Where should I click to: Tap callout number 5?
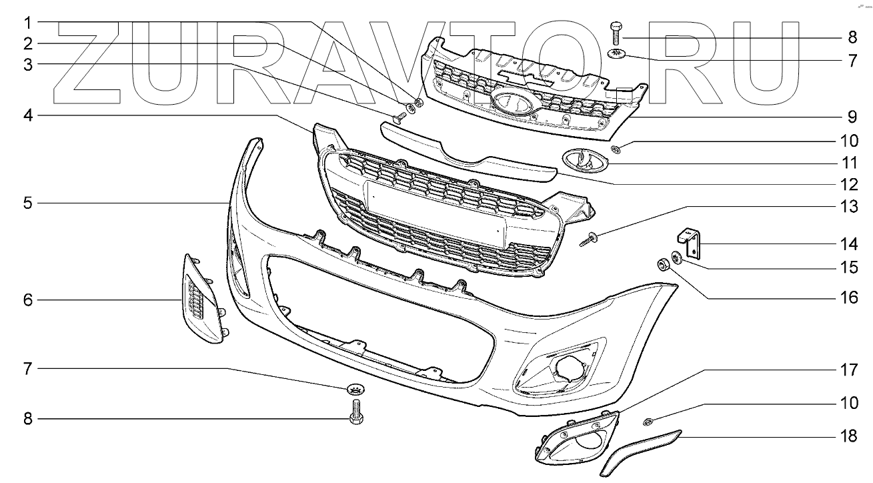pyautogui.click(x=27, y=202)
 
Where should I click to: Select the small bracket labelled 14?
pyautogui.click(x=689, y=243)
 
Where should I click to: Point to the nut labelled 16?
pyautogui.click(x=664, y=266)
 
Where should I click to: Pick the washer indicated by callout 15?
pyautogui.click(x=676, y=256)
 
